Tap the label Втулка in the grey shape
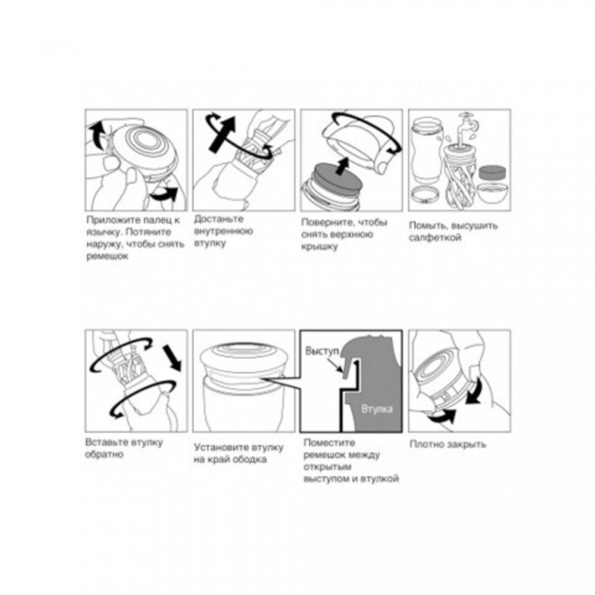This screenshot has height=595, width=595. tap(377, 409)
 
